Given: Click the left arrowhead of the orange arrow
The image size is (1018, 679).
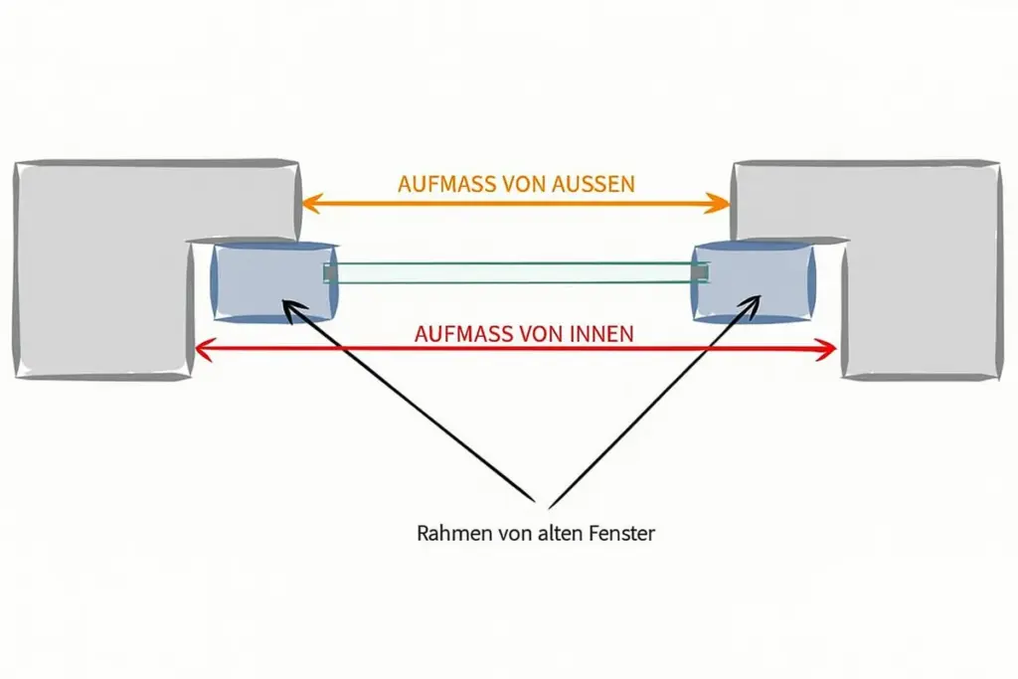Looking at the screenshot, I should point(308,204).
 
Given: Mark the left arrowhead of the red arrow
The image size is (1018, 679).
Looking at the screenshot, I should point(201,349).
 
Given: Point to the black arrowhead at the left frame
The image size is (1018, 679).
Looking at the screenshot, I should point(291,308).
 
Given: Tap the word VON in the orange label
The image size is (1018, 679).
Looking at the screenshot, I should point(520,184).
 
